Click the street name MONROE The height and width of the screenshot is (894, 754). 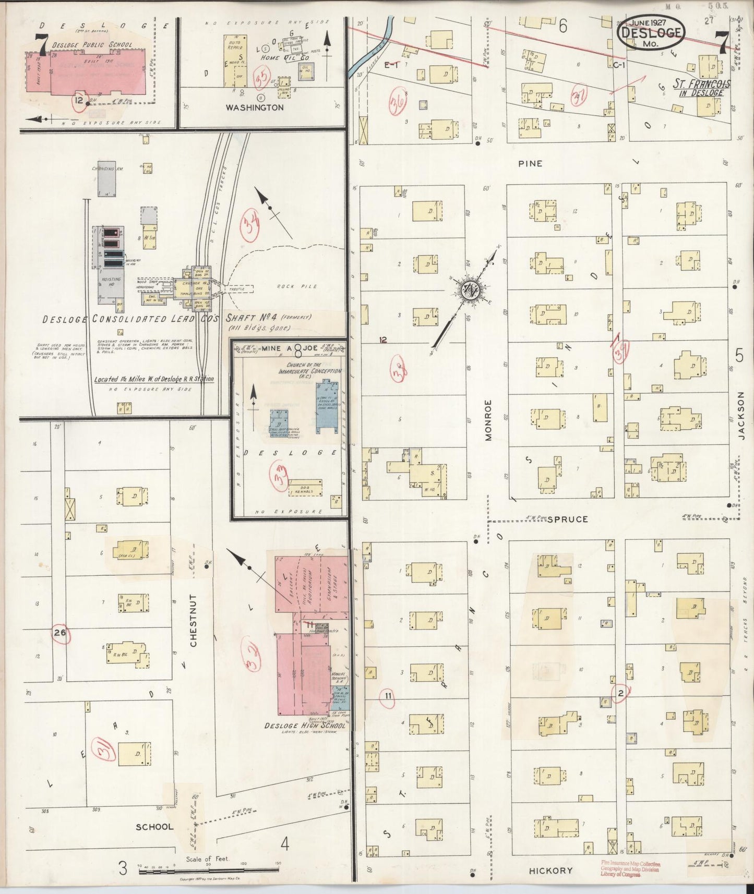[488, 420]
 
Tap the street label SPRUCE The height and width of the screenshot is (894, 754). [568, 519]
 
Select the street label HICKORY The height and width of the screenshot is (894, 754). [550, 871]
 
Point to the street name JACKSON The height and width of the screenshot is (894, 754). [741, 417]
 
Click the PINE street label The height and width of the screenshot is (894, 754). [530, 164]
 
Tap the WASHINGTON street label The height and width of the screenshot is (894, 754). [255, 107]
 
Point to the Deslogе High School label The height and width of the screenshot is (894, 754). [305, 726]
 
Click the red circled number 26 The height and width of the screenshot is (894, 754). [61, 633]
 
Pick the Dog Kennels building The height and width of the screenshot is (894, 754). [305, 488]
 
